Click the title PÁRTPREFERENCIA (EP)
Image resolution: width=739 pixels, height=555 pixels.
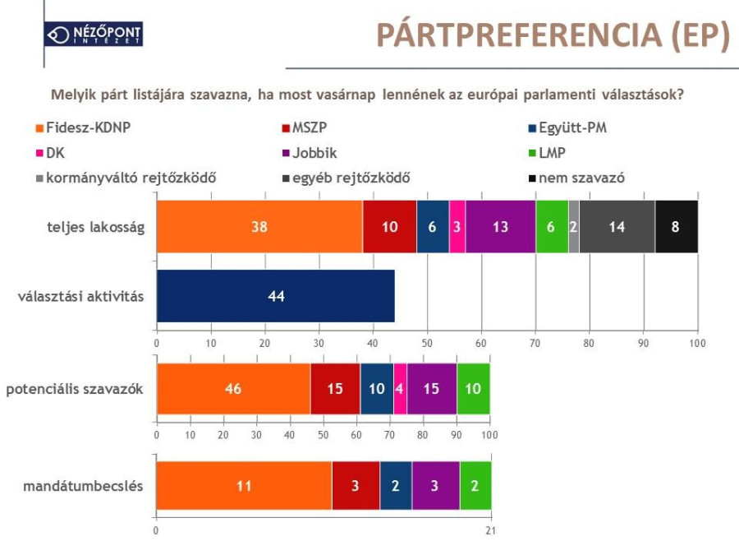(552, 35)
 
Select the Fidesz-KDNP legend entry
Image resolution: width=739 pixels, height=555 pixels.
(82, 128)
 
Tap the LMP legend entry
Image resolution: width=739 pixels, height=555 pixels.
(554, 153)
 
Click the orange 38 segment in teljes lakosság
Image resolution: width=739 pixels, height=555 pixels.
(259, 227)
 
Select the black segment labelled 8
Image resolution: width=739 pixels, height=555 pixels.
(676, 227)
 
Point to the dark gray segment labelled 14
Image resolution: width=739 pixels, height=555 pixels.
(617, 227)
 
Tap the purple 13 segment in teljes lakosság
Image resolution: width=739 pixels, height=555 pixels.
(500, 227)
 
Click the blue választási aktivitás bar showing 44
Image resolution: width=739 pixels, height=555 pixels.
(275, 297)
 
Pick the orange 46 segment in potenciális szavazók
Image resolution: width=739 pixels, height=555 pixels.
(233, 389)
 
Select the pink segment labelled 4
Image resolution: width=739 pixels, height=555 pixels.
(400, 389)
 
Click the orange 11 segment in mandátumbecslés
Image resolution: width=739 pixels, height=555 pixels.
(243, 486)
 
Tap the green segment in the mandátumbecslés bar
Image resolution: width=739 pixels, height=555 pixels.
(475, 486)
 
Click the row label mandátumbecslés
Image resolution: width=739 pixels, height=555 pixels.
(84, 486)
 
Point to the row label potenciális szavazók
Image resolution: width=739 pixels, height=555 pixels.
(75, 389)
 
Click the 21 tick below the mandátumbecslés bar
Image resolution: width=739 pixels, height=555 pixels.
(490, 531)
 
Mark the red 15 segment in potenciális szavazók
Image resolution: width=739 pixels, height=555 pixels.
(335, 389)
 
